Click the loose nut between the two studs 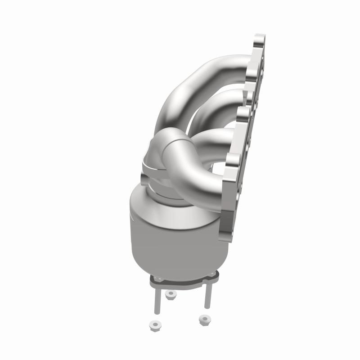pyautogui.click(x=170, y=295)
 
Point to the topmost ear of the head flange pyautogui.click(x=260, y=43)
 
